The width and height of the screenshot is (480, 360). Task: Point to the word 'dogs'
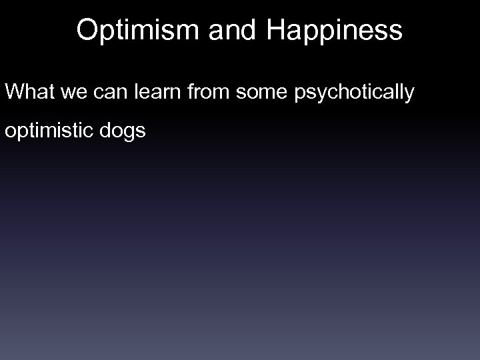125,132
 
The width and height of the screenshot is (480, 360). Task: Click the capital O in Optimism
87,30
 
